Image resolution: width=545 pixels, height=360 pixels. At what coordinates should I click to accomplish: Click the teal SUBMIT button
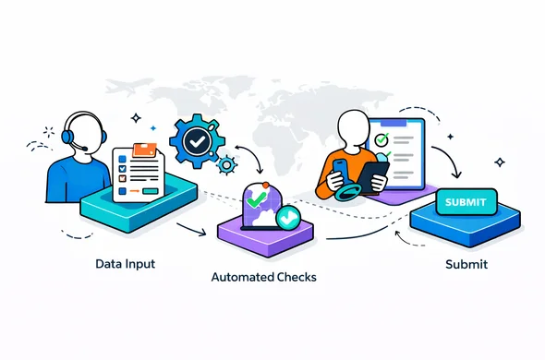(x=469, y=202)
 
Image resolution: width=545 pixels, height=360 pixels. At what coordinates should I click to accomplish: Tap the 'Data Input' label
(x=125, y=264)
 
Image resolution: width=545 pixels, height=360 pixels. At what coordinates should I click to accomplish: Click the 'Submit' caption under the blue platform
(x=466, y=265)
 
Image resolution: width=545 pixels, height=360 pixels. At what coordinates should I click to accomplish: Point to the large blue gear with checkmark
(x=195, y=142)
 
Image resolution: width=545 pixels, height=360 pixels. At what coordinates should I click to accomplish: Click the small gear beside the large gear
(x=226, y=165)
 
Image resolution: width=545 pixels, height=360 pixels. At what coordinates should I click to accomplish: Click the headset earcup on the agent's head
(x=67, y=137)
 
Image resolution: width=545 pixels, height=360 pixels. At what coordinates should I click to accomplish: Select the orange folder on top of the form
(x=145, y=150)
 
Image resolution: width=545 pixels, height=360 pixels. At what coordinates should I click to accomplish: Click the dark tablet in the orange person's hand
(x=371, y=174)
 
